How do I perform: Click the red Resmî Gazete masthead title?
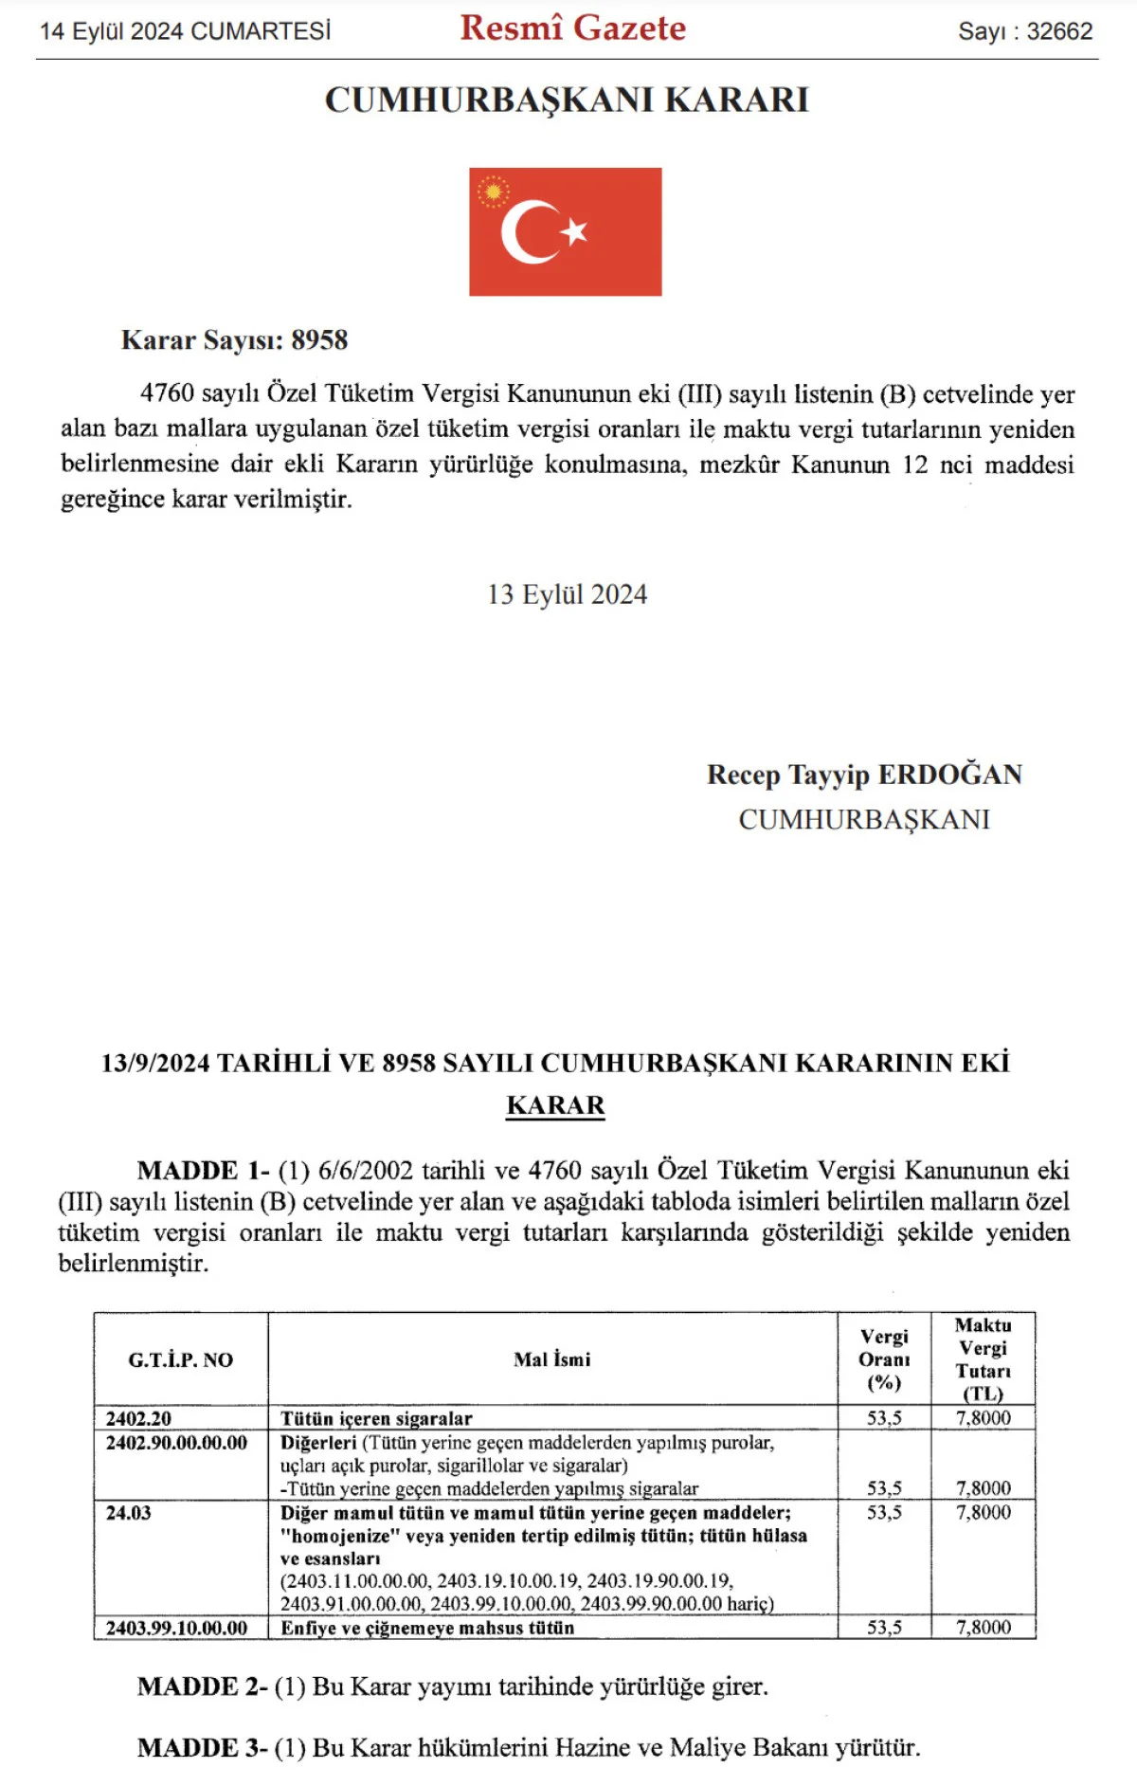pos(572,28)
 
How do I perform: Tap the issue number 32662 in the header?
pos(1059,31)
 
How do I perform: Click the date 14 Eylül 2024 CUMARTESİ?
pos(186,31)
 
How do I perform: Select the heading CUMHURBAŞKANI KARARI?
pos(567,100)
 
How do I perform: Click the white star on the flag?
pos(574,230)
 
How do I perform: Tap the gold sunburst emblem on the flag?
pos(493,192)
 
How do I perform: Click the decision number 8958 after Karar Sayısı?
pos(319,340)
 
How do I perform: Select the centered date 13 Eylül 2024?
pos(567,594)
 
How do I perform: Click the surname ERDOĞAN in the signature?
pos(949,775)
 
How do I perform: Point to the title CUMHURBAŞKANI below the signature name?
pos(864,819)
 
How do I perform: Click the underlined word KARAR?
pos(555,1105)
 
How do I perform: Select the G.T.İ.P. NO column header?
pos(180,1359)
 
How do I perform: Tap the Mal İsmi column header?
pos(551,1359)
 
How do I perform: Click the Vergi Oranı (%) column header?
pos(884,1359)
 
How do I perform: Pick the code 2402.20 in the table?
pos(138,1418)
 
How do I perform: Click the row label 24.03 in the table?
pos(129,1513)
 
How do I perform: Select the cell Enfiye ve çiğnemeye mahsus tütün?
pos(427,1628)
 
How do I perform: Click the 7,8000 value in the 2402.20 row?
pos(983,1418)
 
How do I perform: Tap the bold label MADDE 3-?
pos(202,1747)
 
